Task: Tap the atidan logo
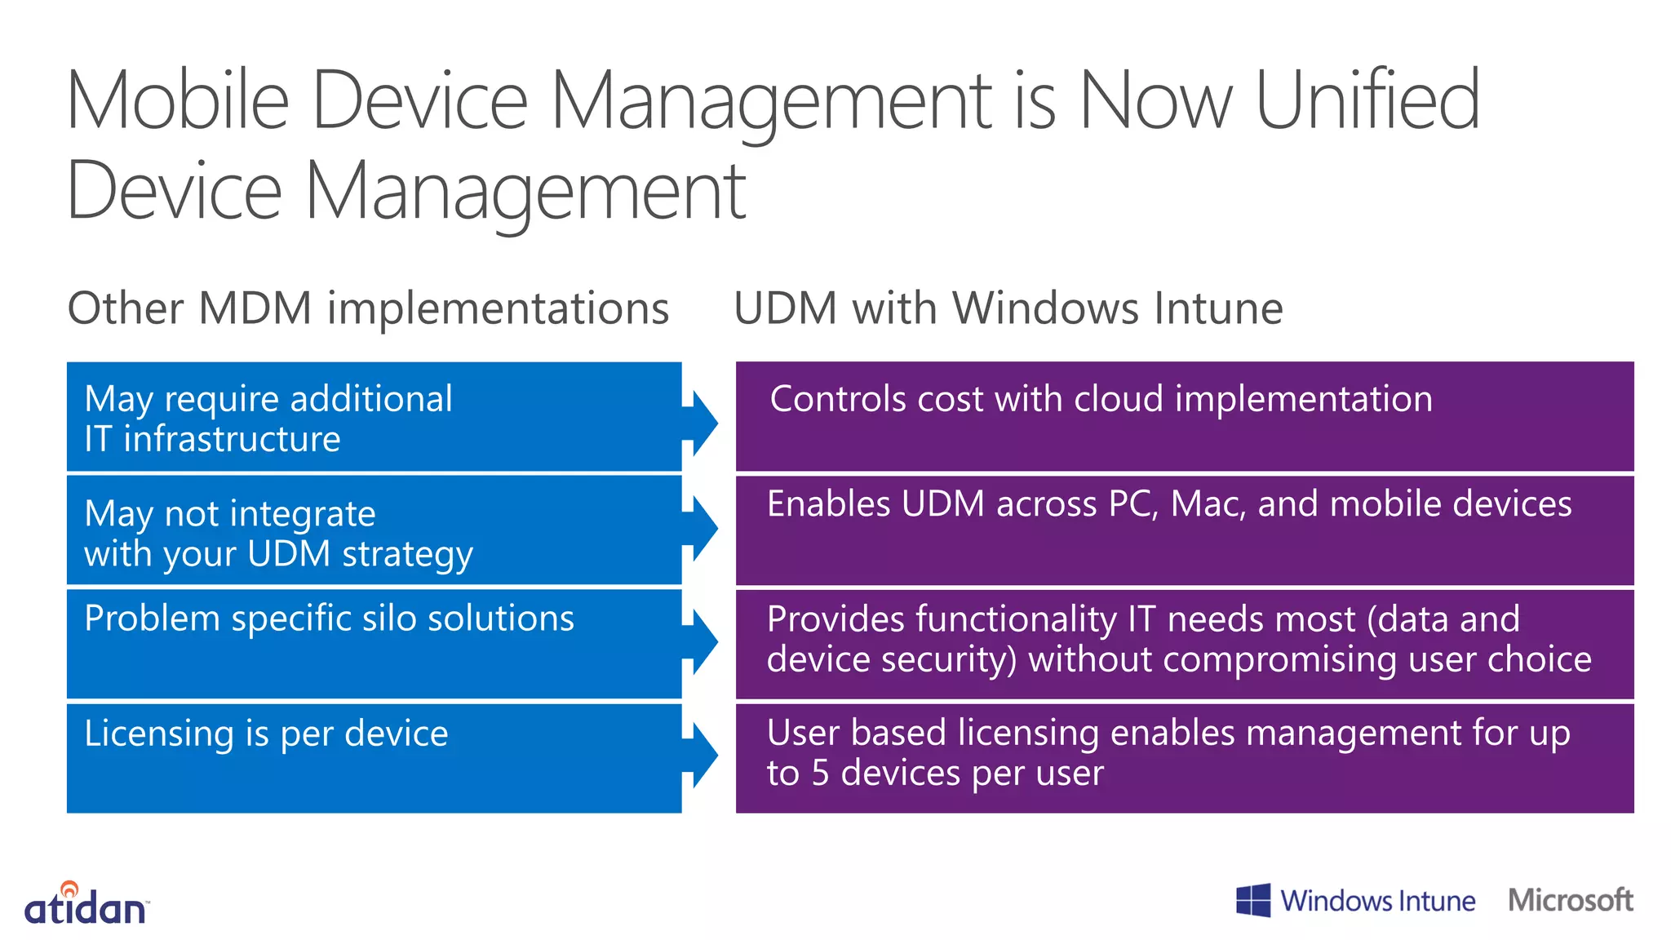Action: pos(86,904)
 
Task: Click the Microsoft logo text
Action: pos(1570,900)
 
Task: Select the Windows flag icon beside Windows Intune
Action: pos(1253,900)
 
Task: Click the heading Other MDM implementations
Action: pos(368,308)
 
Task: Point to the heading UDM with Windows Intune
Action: pos(1008,308)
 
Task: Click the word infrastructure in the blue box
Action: pos(232,439)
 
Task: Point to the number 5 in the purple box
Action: pos(820,773)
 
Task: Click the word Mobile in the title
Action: pos(178,100)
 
